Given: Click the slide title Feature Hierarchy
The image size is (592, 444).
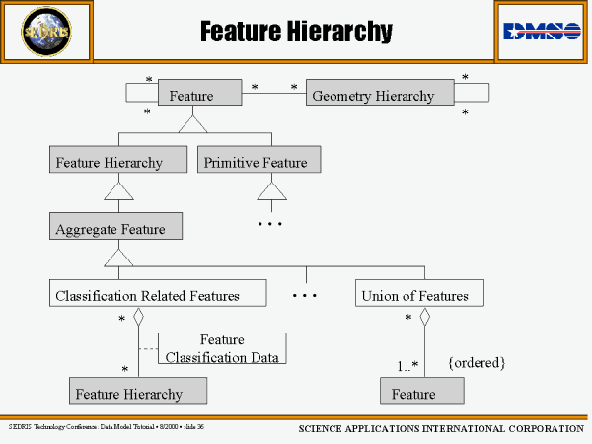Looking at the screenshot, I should pos(296,33).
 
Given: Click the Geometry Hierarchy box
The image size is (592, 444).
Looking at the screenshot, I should pos(380,95).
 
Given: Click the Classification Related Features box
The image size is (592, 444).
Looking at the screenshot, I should pos(158,294).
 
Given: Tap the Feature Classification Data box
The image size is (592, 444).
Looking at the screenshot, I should pos(222,348).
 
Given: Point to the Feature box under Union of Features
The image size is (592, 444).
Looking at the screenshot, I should pos(421,393).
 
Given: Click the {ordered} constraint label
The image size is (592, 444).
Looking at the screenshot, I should pos(477,363).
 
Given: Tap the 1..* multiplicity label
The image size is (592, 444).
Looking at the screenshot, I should pos(407,366).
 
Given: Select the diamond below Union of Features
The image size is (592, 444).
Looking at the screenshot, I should pos(426,317).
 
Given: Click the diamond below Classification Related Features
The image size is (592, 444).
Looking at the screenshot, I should pos(139,317).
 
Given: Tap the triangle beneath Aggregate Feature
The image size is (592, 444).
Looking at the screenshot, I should pos(118,257).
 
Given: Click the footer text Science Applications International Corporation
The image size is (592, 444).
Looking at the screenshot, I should pos(441,429).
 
